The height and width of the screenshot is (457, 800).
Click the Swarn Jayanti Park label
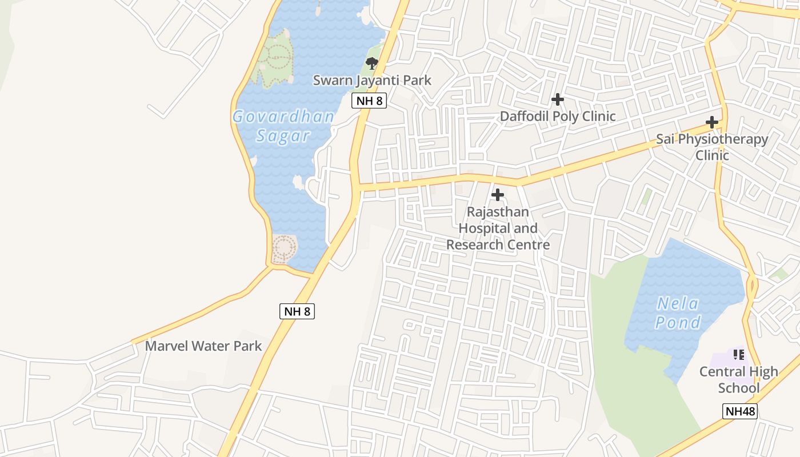point(372,80)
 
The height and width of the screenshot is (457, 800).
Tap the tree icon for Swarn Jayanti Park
point(372,63)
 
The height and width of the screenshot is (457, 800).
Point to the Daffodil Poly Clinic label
point(558,117)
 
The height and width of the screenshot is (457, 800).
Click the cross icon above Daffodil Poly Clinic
point(558,99)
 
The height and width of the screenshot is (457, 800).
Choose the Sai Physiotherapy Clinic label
point(712,147)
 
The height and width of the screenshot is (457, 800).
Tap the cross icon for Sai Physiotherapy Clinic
point(712,122)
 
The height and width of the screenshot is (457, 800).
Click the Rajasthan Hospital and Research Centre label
point(498,228)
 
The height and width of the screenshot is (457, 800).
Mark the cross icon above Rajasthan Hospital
point(498,195)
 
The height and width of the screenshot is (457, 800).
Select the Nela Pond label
point(678,313)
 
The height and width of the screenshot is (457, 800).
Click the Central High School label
point(739,379)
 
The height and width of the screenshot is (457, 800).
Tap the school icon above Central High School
point(738,355)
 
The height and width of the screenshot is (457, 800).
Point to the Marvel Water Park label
point(203,346)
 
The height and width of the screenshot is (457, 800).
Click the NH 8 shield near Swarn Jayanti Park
point(369,101)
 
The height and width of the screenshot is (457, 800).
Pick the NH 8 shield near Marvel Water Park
point(297,311)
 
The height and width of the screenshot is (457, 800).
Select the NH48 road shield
point(740,411)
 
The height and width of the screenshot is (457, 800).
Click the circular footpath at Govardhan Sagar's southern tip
point(284,248)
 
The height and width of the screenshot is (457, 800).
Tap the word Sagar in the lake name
point(283,136)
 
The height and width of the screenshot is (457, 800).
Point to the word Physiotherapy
point(723,139)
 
